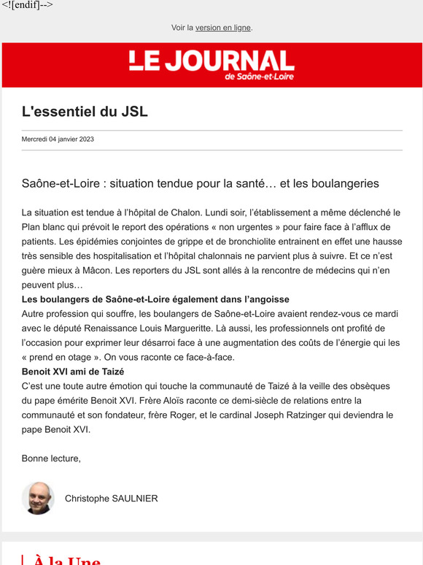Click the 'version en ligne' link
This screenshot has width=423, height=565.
click(222, 28)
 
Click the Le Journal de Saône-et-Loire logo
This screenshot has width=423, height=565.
click(211, 65)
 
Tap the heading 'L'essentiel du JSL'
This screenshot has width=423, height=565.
click(85, 112)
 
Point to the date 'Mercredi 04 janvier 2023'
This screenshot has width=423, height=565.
click(58, 139)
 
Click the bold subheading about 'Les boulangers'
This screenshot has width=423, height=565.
click(155, 299)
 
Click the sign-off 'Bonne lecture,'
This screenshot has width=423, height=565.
click(51, 458)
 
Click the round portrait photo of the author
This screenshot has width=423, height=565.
click(38, 498)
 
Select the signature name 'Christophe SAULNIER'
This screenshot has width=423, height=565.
click(111, 499)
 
